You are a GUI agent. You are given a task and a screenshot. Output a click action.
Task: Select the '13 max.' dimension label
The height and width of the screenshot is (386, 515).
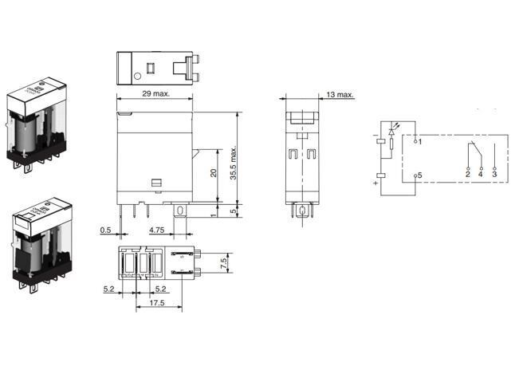(x=340, y=95)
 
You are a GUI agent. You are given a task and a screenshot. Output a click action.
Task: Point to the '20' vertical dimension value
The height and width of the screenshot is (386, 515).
(x=213, y=174)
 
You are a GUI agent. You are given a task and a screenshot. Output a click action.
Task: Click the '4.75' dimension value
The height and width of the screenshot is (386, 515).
(x=158, y=230)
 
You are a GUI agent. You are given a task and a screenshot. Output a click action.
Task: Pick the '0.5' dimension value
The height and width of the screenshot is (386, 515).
(x=105, y=230)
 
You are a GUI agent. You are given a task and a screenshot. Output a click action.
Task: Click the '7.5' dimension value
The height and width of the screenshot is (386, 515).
(x=225, y=262)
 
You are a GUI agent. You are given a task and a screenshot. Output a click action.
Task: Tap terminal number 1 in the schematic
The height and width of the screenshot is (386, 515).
(x=419, y=141)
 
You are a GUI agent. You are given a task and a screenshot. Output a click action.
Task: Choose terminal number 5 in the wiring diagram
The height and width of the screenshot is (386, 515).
(x=419, y=175)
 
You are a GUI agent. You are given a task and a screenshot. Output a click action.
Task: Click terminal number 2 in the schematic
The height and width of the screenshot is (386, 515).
(x=467, y=173)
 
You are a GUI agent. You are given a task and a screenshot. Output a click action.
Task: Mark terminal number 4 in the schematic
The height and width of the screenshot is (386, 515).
(x=481, y=173)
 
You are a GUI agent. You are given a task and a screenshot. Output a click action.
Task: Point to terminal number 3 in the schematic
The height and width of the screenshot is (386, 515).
(x=494, y=173)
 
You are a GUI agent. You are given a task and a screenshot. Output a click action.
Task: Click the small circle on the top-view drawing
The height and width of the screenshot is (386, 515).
(x=137, y=76)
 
